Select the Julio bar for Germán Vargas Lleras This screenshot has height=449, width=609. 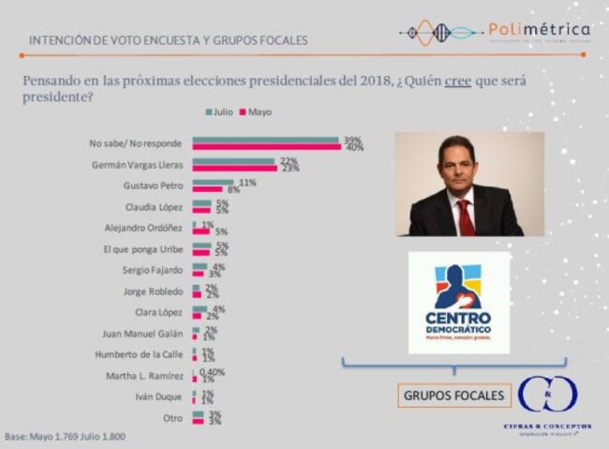click(233, 160)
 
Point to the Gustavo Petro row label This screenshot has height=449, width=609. click(156, 186)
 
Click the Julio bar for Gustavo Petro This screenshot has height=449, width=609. click(213, 182)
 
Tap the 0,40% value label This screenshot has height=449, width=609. click(214, 372)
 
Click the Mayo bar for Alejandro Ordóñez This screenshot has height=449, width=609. click(201, 231)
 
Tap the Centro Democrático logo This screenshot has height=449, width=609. click(458, 303)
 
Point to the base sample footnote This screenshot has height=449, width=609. click(65, 437)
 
